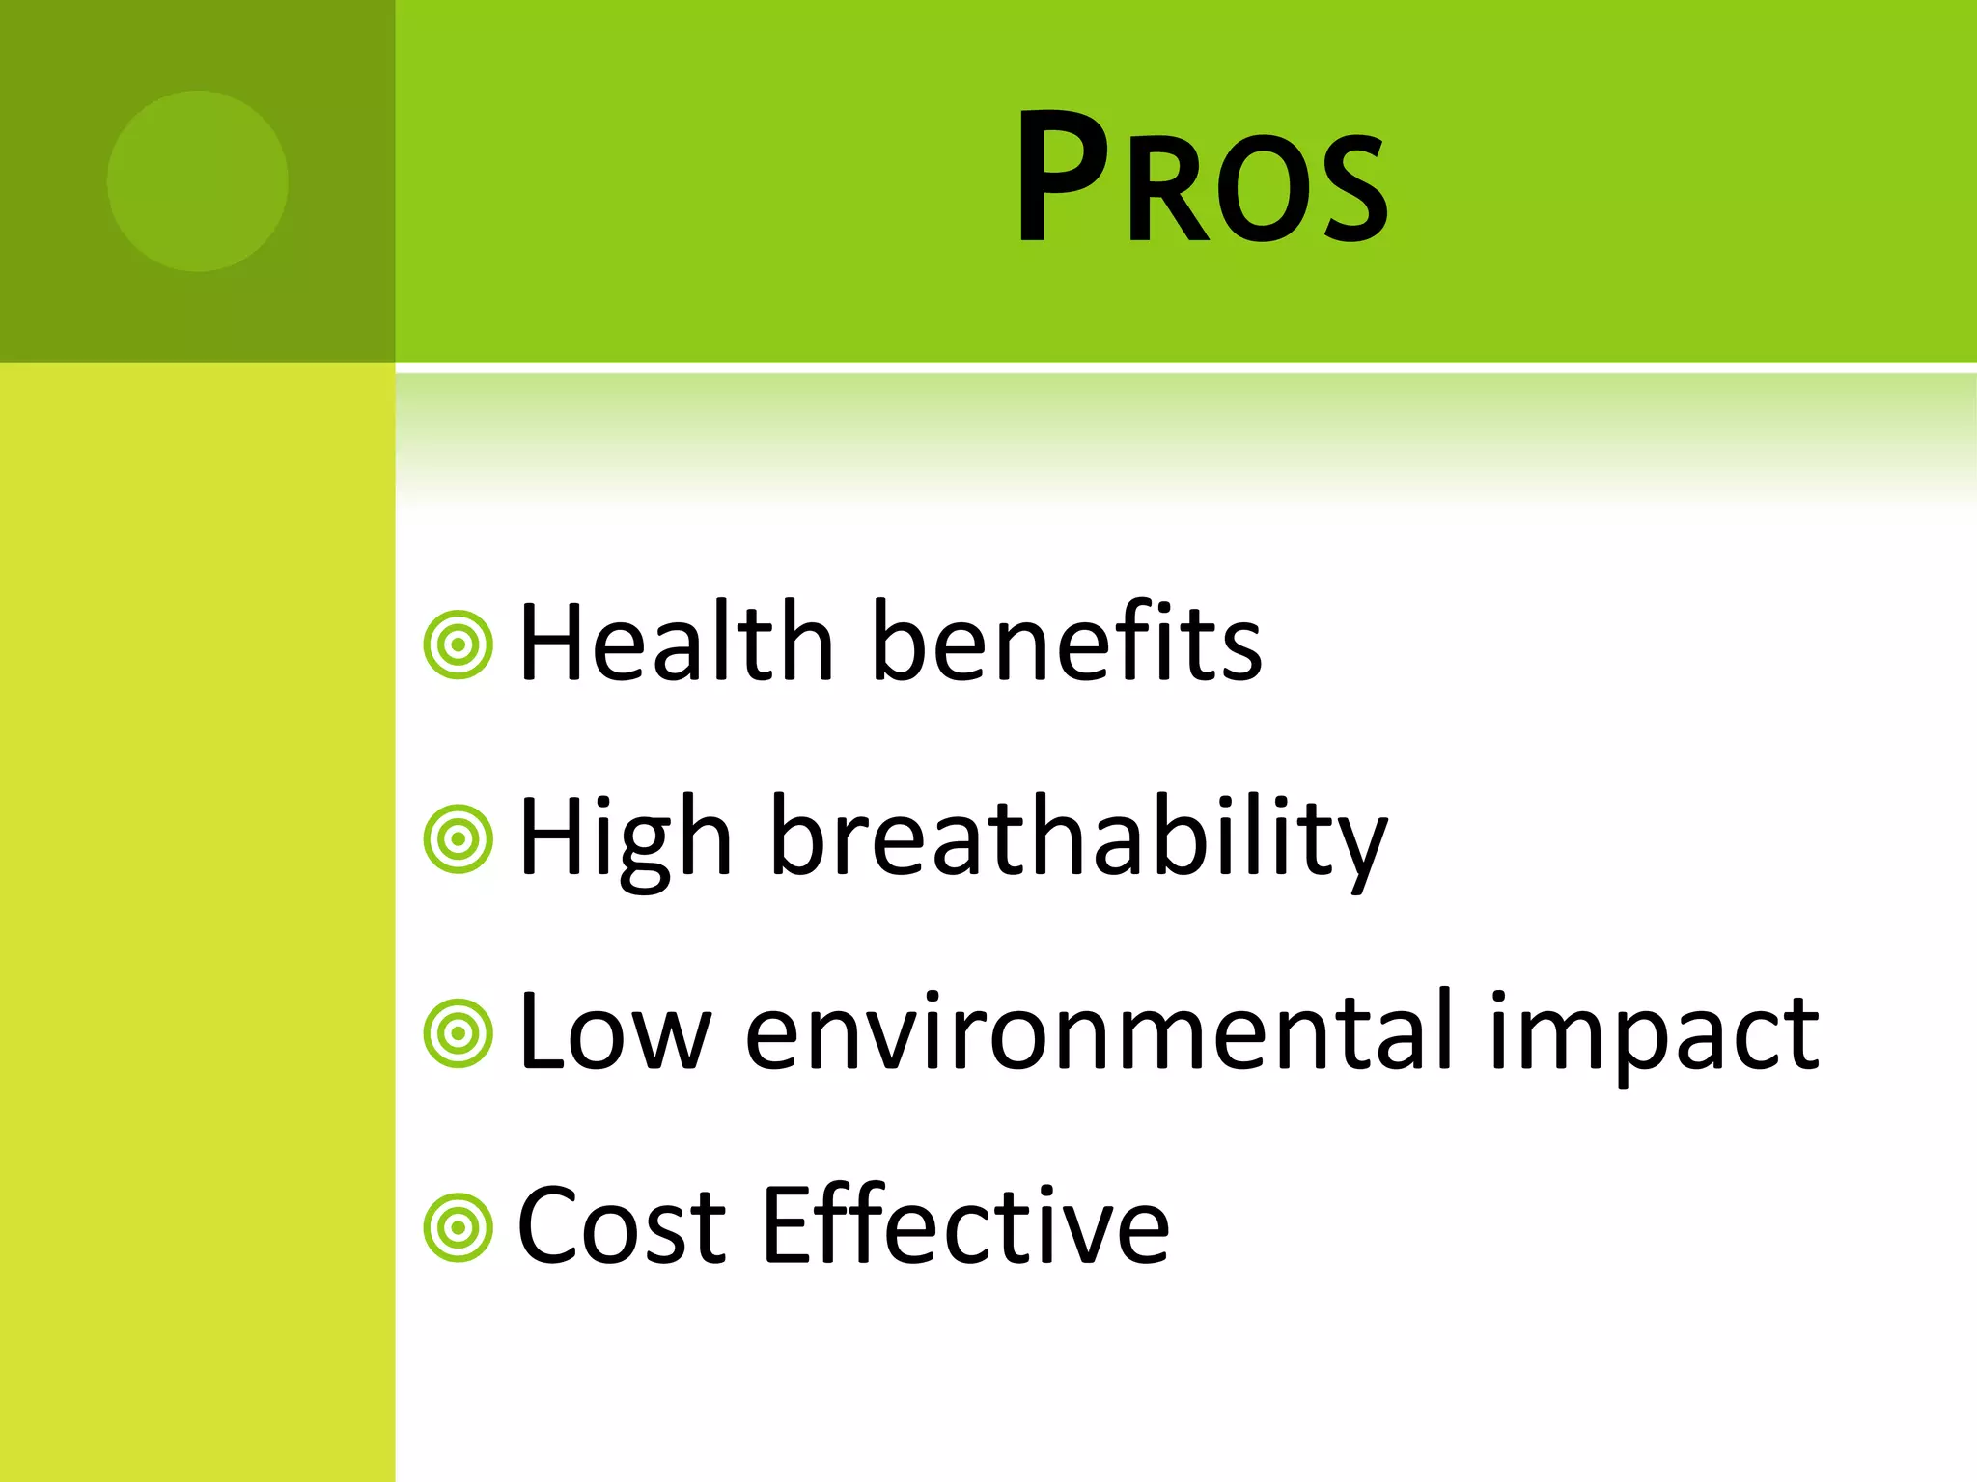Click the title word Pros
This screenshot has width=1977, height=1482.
tap(1202, 178)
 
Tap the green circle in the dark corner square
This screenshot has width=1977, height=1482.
tap(197, 180)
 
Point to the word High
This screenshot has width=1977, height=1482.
tap(625, 837)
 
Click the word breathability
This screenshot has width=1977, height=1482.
tap(1079, 837)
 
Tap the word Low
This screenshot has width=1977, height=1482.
tap(615, 1032)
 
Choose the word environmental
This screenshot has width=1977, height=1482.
tap(1098, 1032)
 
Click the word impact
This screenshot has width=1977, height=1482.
tap(1654, 1032)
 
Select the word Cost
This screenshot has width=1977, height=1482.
tap(621, 1226)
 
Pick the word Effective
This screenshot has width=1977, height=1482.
tap(966, 1226)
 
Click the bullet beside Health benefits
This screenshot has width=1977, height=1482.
tap(459, 645)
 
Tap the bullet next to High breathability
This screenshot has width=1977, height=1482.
tap(459, 839)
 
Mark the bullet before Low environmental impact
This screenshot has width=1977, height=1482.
tap(459, 1033)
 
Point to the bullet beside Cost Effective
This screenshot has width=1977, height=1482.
tap(459, 1228)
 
